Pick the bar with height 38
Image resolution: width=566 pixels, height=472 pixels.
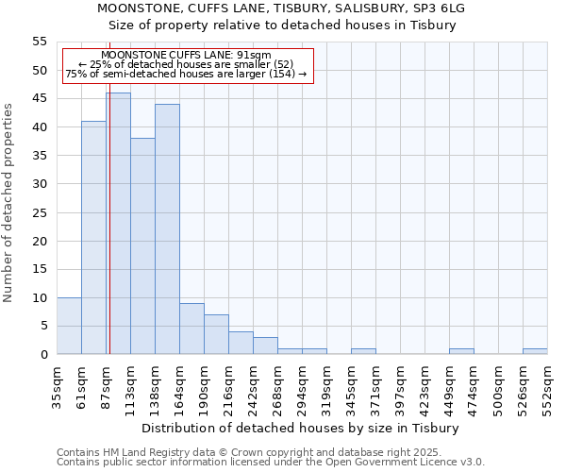coord(142,246)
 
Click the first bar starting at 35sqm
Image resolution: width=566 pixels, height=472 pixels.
coord(69,326)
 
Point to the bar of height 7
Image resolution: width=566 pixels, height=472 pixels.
coord(216,334)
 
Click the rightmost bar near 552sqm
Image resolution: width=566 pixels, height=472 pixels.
coord(535,351)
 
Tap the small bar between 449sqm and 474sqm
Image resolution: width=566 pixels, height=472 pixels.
coord(461,351)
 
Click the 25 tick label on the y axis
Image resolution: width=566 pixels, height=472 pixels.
coord(40,212)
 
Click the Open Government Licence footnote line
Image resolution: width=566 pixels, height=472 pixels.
coord(271,463)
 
